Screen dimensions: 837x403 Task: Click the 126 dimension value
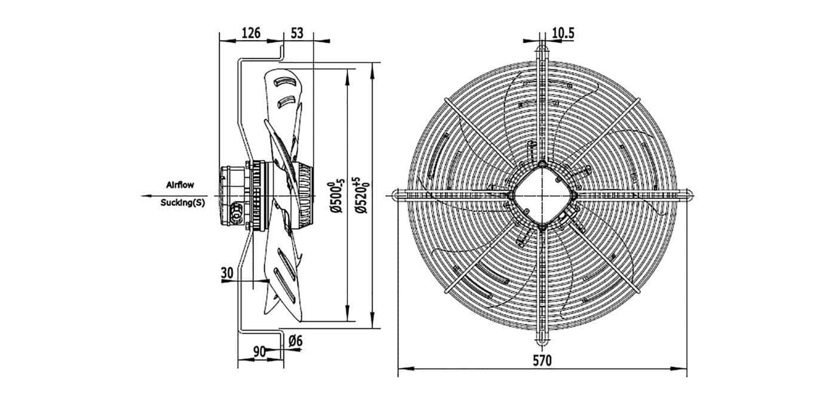tap(251, 33)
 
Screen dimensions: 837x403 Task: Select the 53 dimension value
tap(297, 33)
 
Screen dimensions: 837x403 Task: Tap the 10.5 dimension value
tap(563, 33)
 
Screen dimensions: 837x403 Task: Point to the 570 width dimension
tap(542, 361)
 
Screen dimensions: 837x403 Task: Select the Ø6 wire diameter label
tap(295, 340)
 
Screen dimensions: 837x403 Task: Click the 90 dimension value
tap(259, 352)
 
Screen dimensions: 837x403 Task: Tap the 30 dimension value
tap(227, 273)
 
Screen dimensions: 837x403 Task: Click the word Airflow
tap(180, 184)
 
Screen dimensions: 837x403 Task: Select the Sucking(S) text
tap(183, 202)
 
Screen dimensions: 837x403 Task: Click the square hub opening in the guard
tap(543, 195)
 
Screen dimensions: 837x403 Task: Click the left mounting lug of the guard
tap(397, 195)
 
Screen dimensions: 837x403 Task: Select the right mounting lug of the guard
tap(688, 195)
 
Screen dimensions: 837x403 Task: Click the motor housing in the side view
tap(233, 196)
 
